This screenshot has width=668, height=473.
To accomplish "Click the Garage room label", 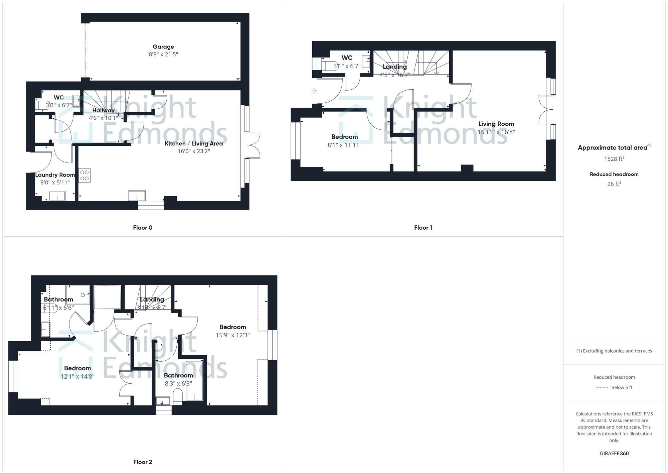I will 163,47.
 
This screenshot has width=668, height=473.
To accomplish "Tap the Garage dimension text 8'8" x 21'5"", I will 163,54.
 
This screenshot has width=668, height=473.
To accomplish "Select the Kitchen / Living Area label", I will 194,143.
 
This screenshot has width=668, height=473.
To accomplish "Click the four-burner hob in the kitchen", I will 85,176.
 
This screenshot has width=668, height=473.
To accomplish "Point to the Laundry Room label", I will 55,175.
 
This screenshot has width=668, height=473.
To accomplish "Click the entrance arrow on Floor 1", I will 314,91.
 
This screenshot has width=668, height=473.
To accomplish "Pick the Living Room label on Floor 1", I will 496,124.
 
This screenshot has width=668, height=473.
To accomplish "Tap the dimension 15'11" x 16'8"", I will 496,132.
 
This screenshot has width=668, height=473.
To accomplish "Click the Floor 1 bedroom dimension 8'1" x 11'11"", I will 344,145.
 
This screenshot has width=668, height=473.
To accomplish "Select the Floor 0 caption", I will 143,228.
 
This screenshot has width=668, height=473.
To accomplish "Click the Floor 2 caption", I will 143,462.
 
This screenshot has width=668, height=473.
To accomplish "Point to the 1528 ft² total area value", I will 614,159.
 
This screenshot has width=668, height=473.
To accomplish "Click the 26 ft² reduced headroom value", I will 614,184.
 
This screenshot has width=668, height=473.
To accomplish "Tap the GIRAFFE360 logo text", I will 614,453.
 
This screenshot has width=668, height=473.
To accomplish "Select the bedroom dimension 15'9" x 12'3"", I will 232,335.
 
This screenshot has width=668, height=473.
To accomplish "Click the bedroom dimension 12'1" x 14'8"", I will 77,376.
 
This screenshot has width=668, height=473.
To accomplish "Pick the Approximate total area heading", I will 614,148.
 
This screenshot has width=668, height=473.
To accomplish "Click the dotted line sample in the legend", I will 602,388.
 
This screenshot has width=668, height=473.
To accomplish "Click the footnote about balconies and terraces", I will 614,351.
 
